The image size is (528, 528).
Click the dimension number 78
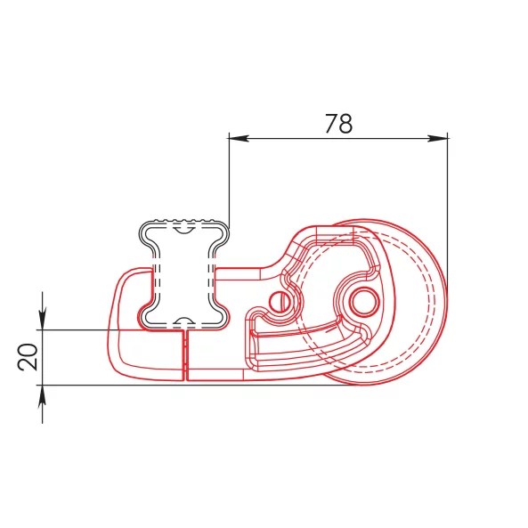point(338,124)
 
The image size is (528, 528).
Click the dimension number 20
point(28,357)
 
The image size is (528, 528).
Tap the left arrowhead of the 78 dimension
point(239,138)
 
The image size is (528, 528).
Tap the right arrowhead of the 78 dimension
point(438,138)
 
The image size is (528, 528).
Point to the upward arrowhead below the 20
point(43,395)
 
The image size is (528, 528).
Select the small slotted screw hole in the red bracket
point(280,301)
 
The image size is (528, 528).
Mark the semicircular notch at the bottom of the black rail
point(183,321)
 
